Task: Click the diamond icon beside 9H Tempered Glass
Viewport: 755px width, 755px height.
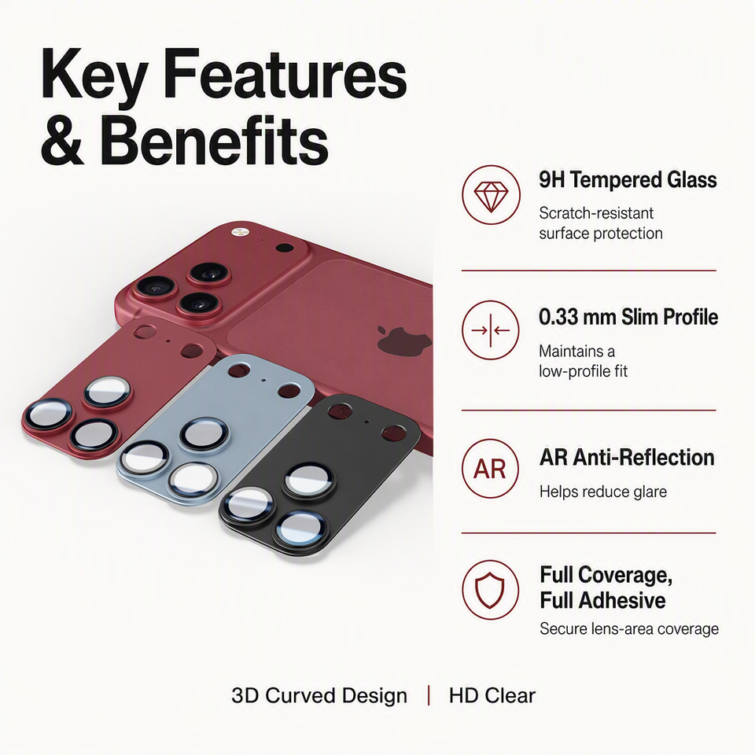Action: tap(491, 195)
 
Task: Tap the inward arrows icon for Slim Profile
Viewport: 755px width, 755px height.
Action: tap(491, 330)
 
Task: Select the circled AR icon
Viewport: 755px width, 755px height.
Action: tap(491, 468)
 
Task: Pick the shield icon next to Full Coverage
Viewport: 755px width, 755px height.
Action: tap(491, 590)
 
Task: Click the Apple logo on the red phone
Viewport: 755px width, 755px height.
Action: tap(403, 340)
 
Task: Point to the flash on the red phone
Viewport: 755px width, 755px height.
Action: tap(239, 232)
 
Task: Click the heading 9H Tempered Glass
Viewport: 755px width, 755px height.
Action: tap(628, 180)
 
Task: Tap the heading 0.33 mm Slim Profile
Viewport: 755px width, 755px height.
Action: tap(628, 317)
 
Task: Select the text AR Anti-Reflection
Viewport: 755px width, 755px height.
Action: tap(627, 458)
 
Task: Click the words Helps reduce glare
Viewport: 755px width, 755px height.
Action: tap(603, 492)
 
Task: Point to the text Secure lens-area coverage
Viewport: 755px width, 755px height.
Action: tap(629, 629)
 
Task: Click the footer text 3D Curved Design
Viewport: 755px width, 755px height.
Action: tap(319, 696)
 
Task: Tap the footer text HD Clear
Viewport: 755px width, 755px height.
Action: tap(492, 696)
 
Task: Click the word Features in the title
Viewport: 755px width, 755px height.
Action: tap(285, 75)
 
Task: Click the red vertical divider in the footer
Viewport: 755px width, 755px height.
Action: tap(429, 696)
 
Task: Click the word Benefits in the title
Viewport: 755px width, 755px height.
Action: tap(214, 141)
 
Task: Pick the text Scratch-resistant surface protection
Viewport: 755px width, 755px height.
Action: tap(601, 223)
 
